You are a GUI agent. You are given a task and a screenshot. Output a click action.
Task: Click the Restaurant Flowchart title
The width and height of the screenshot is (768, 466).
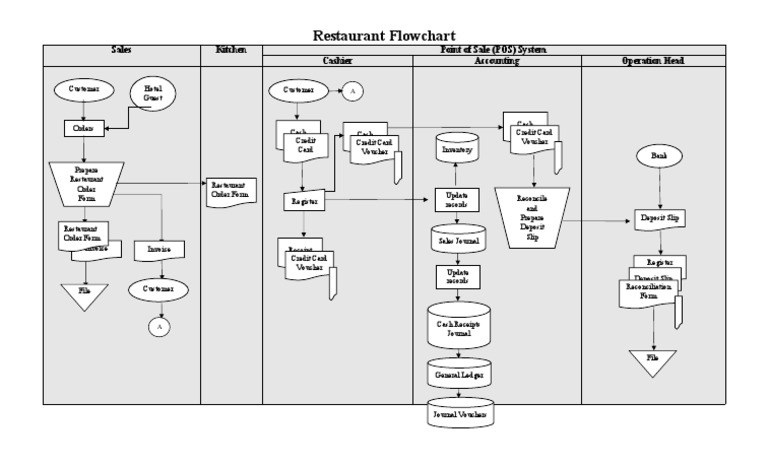pyautogui.click(x=384, y=35)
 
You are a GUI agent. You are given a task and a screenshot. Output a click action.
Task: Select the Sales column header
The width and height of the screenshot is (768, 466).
pyautogui.click(x=121, y=49)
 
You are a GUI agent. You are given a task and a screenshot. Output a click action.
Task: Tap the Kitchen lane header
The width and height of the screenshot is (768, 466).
pyautogui.click(x=231, y=49)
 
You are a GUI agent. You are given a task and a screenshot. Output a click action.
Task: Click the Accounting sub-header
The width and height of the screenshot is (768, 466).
pyautogui.click(x=497, y=61)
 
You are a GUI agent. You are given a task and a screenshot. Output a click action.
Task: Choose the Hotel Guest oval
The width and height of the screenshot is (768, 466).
pyautogui.click(x=153, y=95)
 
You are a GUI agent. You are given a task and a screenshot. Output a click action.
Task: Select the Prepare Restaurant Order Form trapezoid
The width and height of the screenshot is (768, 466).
pyautogui.click(x=84, y=183)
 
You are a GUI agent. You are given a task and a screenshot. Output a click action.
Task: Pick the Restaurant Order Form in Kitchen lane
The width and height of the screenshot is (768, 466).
pyautogui.click(x=230, y=189)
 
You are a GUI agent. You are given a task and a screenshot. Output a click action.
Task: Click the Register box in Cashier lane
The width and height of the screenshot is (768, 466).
pyautogui.click(x=304, y=201)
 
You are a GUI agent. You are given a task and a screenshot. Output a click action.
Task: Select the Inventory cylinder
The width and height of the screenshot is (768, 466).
pyautogui.click(x=457, y=148)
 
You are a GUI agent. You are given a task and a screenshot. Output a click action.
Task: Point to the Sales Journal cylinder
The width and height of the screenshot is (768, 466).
pyautogui.click(x=457, y=240)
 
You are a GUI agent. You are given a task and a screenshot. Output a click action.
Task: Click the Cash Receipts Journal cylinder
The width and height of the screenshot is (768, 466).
pyautogui.click(x=458, y=327)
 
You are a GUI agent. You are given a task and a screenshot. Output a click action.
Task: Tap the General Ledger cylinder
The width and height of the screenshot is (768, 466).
pyautogui.click(x=458, y=373)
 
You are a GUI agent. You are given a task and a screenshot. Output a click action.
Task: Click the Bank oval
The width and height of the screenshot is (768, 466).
pyautogui.click(x=658, y=157)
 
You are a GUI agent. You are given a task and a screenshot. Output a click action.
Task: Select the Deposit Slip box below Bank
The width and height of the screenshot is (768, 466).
pyautogui.click(x=658, y=220)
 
